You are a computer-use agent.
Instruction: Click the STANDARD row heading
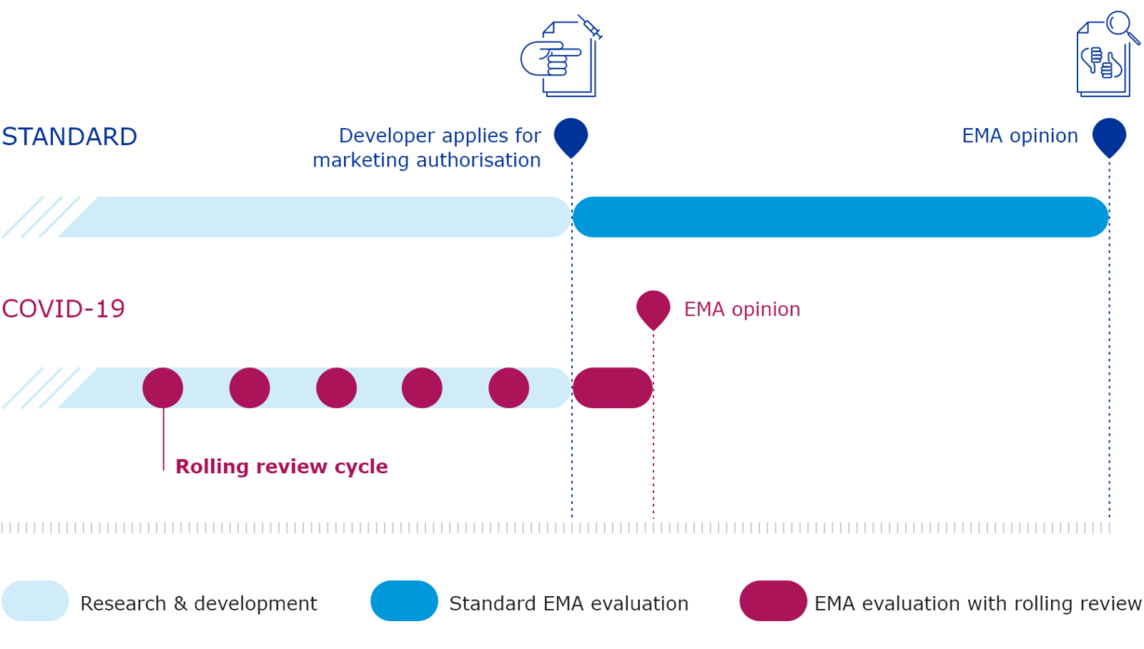[70, 137]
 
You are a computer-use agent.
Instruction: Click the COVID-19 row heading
[63, 309]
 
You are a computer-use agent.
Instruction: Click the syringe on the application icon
[591, 27]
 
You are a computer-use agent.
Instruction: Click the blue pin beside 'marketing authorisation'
[571, 136]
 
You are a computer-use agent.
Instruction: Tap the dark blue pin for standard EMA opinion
[1109, 136]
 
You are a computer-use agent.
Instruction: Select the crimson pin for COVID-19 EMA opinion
[653, 308]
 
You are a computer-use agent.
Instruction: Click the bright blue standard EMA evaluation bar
[840, 217]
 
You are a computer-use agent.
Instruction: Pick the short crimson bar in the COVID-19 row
[612, 388]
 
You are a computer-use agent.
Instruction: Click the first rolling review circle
[163, 388]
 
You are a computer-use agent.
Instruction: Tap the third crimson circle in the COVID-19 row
[336, 388]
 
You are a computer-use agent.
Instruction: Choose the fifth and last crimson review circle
[509, 388]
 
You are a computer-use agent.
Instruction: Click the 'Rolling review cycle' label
[281, 467]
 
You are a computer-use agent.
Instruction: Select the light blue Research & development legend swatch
[35, 601]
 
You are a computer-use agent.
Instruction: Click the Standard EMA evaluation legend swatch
[404, 601]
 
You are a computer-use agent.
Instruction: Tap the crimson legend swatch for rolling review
[773, 601]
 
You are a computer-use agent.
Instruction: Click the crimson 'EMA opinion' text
[741, 310]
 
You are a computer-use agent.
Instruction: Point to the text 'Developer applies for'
[439, 136]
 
